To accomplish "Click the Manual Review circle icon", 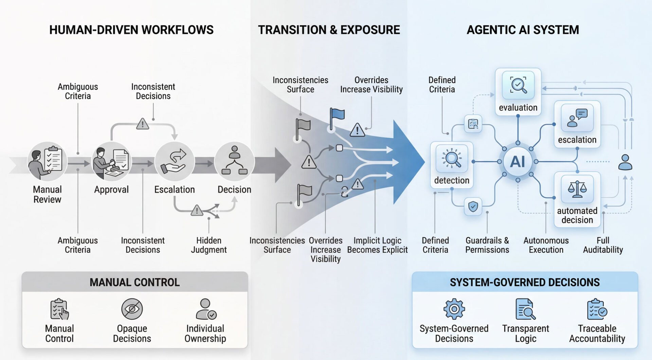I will point(47,161).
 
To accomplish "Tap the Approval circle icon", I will point(111,161).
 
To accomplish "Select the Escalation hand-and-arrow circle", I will point(174,161).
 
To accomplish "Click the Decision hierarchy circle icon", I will point(234,161).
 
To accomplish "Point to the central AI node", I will point(518,162).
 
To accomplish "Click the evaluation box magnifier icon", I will point(518,85).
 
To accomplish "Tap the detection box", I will point(452,165).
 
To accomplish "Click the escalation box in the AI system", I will point(577,124).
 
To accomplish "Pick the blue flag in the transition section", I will point(337,115).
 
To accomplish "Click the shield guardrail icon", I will point(473,206).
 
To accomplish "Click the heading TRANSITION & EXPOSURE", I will point(329,30).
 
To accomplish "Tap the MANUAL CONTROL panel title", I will point(134,282).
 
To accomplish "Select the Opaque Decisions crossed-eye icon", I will point(132,309).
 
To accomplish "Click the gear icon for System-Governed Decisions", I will point(454,309).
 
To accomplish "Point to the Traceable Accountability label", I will point(597,334).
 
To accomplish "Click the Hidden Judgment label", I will point(209,245).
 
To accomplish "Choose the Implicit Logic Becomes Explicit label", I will point(377,245).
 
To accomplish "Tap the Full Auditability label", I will point(603,245).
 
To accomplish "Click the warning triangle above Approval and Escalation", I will point(142,124).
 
